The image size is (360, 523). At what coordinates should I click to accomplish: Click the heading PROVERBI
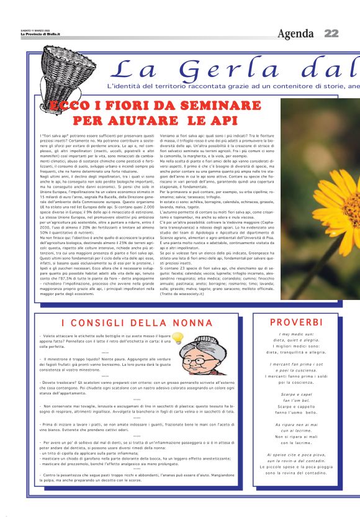[x=304, y=322]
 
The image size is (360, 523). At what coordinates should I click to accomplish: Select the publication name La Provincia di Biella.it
[x=23, y=34]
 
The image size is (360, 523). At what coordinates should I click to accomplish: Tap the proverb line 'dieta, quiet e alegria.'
[x=304, y=340]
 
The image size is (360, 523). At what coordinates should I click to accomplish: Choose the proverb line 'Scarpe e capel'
[x=304, y=395]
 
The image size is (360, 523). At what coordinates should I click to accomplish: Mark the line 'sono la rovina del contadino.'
[x=304, y=473]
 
